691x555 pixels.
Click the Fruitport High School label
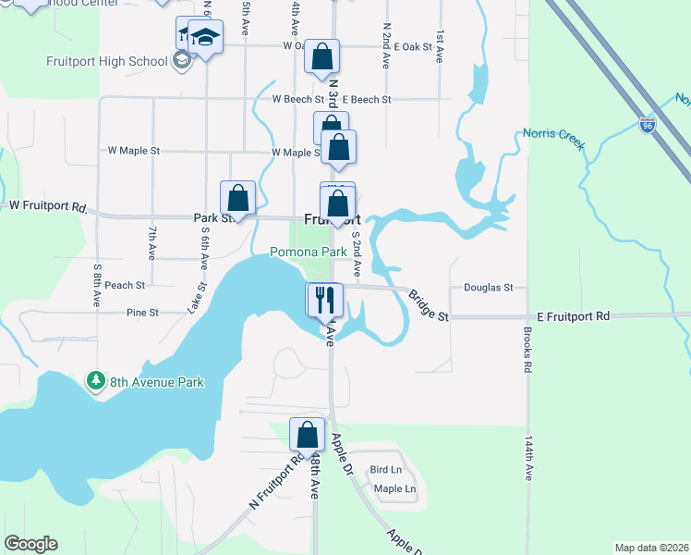pyautogui.click(x=106, y=62)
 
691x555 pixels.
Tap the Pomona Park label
pyautogui.click(x=308, y=252)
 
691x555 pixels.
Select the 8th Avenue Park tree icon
pyautogui.click(x=94, y=381)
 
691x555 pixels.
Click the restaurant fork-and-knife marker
pyautogui.click(x=325, y=299)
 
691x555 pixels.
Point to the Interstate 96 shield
pyautogui.click(x=649, y=125)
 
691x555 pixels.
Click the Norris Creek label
pyautogui.click(x=553, y=134)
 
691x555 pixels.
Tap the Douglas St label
pyautogui.click(x=488, y=288)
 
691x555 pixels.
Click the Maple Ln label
pyautogui.click(x=394, y=488)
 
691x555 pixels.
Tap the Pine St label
pyautogui.click(x=143, y=313)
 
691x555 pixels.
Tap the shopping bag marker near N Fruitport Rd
pyautogui.click(x=307, y=434)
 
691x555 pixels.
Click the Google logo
pyautogui.click(x=30, y=544)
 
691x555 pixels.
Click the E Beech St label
pyautogui.click(x=367, y=99)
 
